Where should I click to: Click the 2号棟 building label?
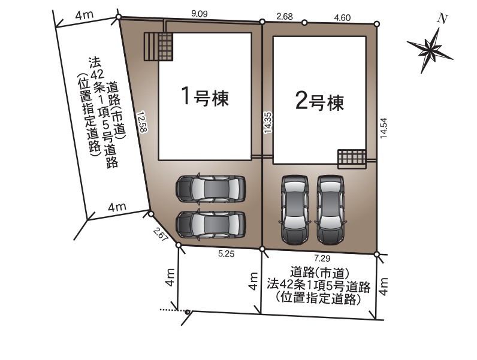click(320, 102)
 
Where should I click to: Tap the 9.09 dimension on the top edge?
click(200, 14)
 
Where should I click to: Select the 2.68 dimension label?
click(285, 16)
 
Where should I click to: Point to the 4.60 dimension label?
click(342, 17)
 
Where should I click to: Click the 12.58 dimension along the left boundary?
click(142, 122)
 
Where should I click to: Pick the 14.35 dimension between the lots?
click(268, 123)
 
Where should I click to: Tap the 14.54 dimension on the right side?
click(384, 128)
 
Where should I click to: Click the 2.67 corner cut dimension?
click(161, 234)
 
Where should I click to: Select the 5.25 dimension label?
click(227, 254)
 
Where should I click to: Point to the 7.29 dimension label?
click(322, 258)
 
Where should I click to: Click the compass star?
click(430, 50)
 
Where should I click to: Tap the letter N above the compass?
click(443, 19)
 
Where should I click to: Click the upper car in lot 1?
click(210, 189)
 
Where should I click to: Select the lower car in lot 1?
click(210, 224)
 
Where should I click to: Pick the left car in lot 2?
click(295, 210)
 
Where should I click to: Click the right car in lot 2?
click(331, 209)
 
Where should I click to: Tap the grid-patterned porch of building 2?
click(352, 158)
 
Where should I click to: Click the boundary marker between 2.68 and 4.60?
click(304, 22)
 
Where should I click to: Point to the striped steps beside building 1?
click(151, 47)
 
